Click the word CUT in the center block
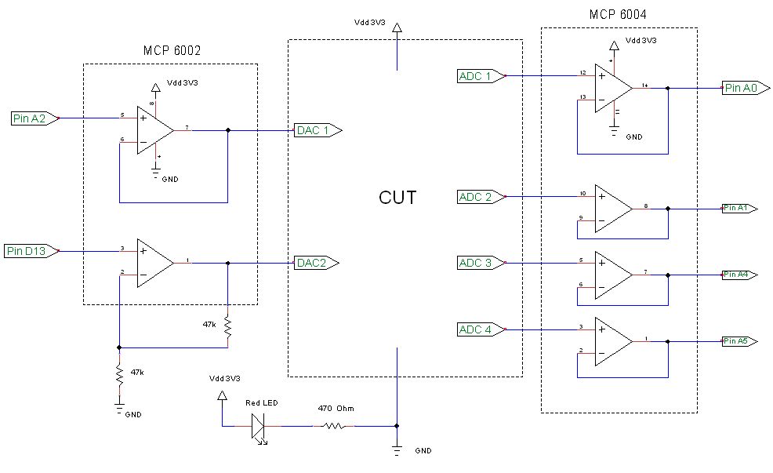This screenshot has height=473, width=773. coord(397,198)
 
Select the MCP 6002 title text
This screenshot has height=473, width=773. coord(172,50)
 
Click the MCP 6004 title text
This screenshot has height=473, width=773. coord(618,14)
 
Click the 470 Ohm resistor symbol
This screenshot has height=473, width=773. coord(334,426)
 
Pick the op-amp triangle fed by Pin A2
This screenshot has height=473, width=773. coord(154,129)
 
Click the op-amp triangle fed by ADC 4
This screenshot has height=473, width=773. coord(612,340)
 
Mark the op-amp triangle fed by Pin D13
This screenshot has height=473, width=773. coord(154,263)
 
